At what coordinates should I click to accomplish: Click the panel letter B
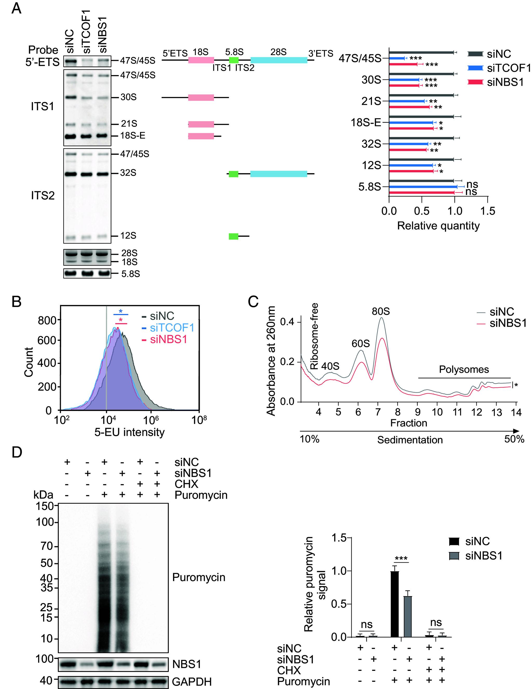16,301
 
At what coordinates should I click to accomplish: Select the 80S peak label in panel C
381,311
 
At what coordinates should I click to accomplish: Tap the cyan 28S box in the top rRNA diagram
279,60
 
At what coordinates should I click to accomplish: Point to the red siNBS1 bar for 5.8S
422,192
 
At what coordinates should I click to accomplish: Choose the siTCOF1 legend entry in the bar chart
508,68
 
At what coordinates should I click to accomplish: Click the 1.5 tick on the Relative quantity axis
488,211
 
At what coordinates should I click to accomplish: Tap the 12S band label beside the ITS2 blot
128,236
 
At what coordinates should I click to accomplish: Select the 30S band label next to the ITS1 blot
129,97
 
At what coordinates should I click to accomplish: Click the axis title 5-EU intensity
130,432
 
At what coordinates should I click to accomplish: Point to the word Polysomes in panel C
464,369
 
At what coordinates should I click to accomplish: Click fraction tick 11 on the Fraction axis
457,412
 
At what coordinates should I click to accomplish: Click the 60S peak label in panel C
361,344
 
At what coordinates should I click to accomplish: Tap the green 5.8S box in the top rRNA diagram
234,60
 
